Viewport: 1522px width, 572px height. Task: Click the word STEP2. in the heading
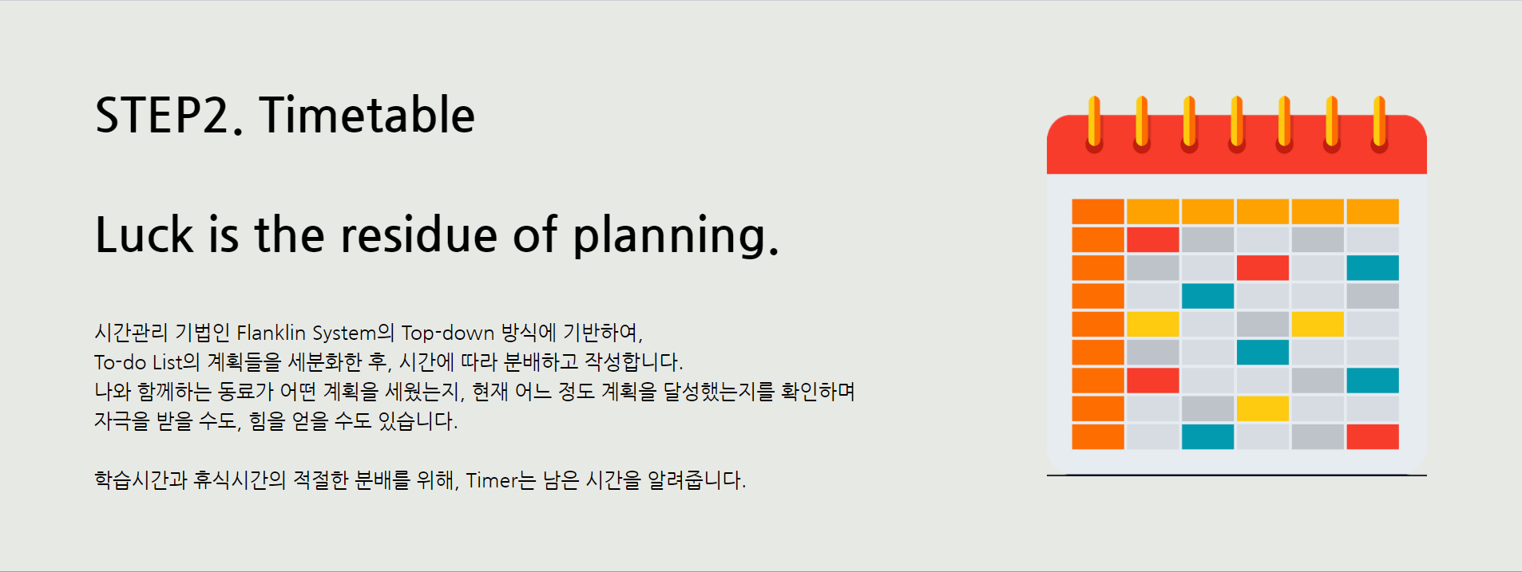pos(168,116)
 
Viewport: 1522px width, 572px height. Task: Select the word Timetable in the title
pos(367,116)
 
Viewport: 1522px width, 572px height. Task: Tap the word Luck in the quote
pos(144,235)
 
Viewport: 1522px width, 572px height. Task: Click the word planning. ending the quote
pos(676,237)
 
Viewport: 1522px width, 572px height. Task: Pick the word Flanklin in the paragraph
pos(271,333)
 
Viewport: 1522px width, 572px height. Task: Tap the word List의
pos(176,362)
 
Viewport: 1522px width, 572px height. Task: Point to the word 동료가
pos(245,392)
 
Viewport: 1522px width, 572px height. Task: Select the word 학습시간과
pos(141,480)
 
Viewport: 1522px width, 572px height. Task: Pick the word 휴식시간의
pos(239,480)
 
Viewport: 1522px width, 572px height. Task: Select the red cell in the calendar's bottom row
pos(1372,437)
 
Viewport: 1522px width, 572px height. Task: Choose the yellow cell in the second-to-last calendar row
pos(1262,408)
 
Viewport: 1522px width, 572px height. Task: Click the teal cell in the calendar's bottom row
pos(1207,437)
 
